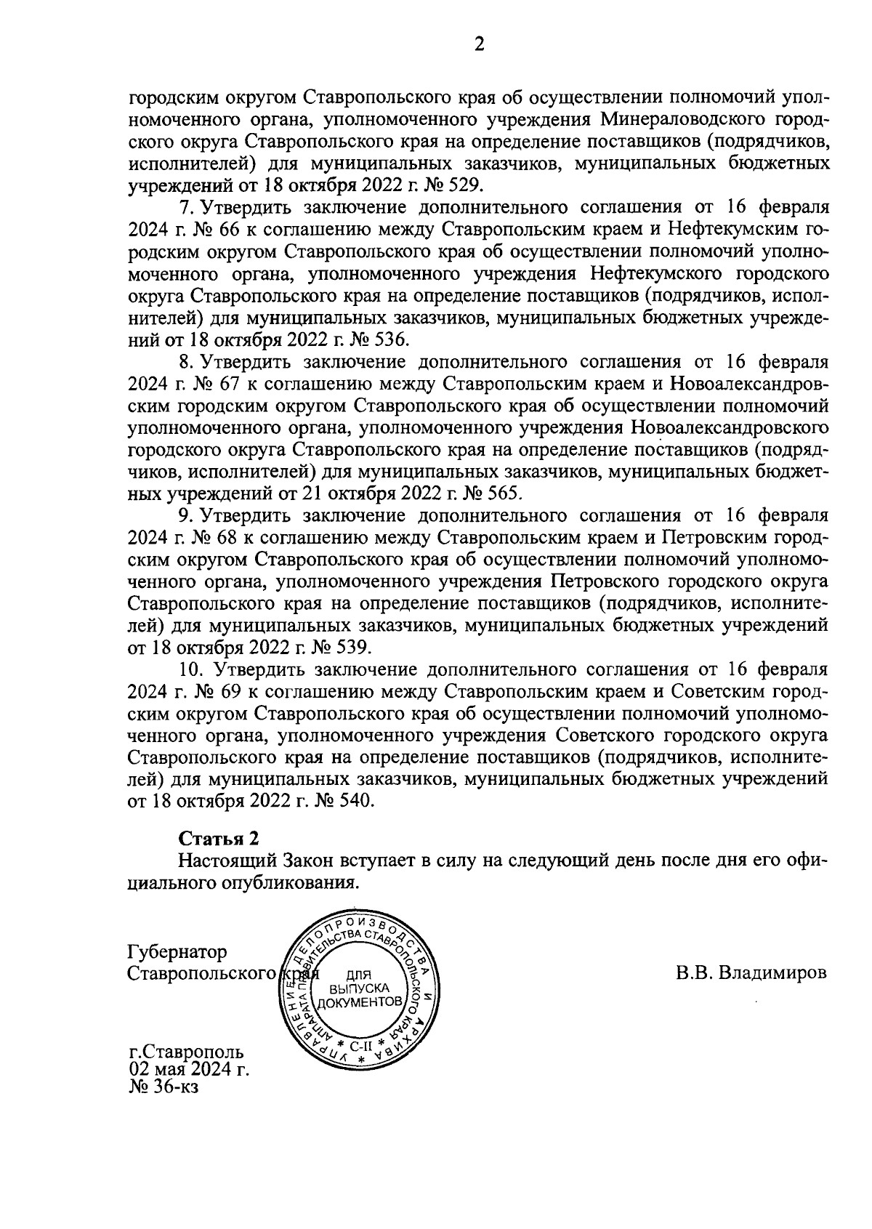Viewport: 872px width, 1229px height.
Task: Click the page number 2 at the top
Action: (479, 45)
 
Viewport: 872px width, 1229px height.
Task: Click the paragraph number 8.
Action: (185, 361)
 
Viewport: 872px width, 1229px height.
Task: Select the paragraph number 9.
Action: (185, 515)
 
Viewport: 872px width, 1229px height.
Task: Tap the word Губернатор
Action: (177, 951)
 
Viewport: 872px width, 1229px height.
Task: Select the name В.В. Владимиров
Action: (751, 973)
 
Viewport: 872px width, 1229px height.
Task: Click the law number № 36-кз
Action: (163, 1088)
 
